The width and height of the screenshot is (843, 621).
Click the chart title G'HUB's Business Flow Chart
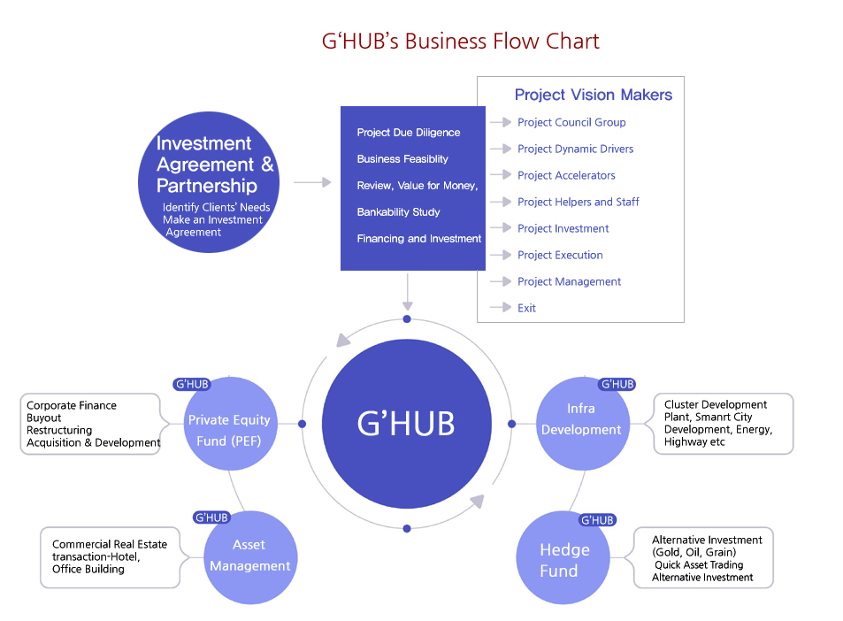click(460, 42)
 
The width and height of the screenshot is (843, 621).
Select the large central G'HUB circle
click(406, 424)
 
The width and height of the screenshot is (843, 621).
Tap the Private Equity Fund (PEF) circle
click(229, 429)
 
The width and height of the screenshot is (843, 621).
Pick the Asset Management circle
click(249, 556)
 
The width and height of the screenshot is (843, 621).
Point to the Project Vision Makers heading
click(593, 95)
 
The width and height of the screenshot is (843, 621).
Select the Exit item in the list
click(526, 308)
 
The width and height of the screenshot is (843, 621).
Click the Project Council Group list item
click(571, 122)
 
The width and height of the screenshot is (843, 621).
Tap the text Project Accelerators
click(566, 175)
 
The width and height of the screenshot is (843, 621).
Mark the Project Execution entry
click(560, 255)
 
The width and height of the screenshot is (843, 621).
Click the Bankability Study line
click(398, 212)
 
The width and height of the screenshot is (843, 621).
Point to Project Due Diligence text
click(409, 133)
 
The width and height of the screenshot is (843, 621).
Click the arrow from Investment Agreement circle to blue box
click(311, 183)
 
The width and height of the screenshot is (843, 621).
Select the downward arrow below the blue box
click(407, 289)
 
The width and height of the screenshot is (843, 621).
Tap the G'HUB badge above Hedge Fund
click(598, 520)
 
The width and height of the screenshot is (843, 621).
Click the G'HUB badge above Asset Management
click(211, 517)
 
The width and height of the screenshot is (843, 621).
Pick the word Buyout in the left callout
click(44, 418)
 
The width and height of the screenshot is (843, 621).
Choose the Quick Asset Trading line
click(699, 565)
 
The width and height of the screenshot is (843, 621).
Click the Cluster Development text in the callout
click(716, 404)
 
